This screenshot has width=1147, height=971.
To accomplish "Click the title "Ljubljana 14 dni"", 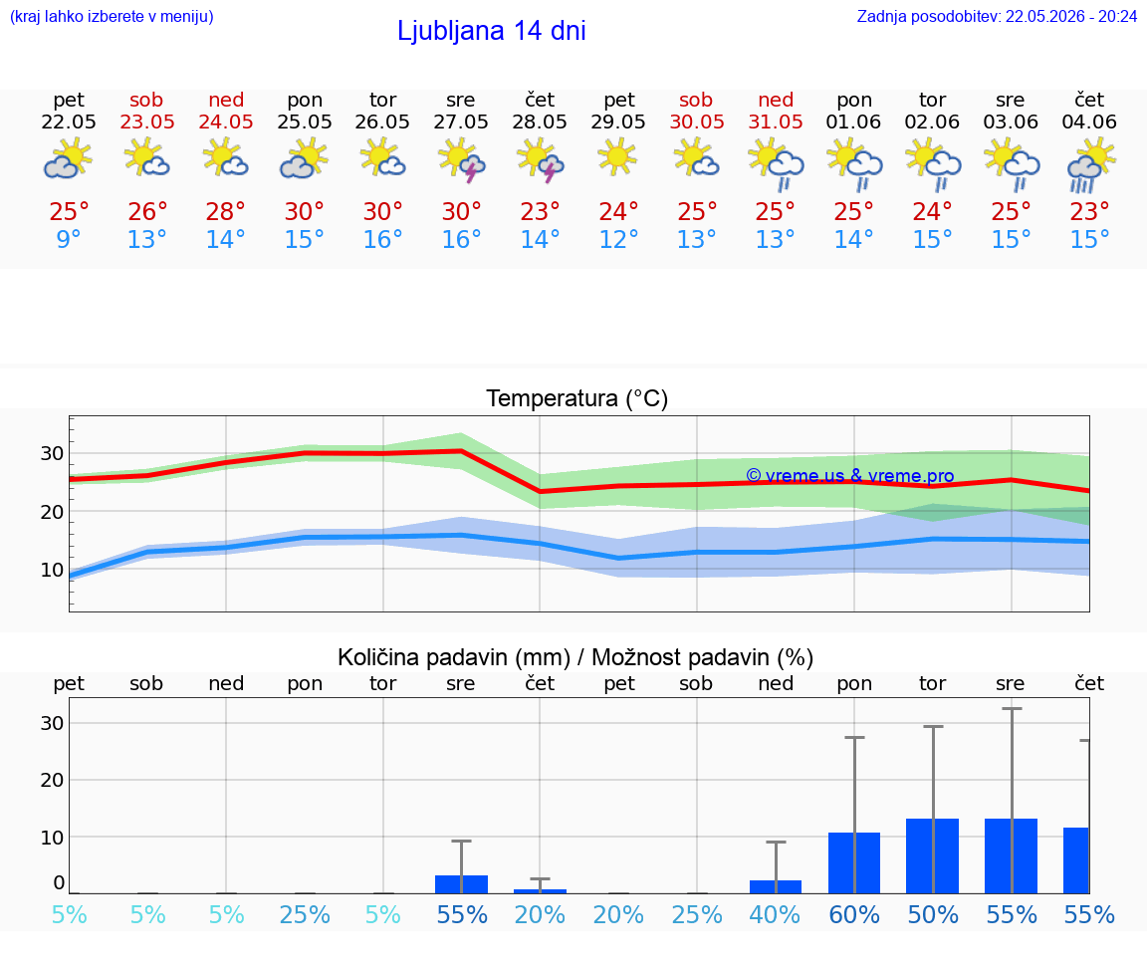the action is click(492, 31).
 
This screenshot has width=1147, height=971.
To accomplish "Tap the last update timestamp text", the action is click(997, 16).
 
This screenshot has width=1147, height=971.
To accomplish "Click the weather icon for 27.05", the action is click(462, 161).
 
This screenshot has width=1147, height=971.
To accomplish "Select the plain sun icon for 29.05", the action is click(618, 158).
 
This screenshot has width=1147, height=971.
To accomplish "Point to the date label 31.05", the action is click(776, 122).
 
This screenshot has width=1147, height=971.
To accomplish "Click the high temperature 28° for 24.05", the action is click(225, 212).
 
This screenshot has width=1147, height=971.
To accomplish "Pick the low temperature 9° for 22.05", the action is click(69, 239).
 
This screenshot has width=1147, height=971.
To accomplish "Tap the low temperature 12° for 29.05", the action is click(618, 239).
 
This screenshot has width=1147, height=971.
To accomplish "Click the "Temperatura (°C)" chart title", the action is click(577, 398).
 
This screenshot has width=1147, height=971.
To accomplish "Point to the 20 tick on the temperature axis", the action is click(52, 512).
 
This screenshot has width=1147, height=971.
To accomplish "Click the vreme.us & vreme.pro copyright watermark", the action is click(850, 476).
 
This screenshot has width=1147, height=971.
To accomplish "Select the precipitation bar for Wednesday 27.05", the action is click(462, 884).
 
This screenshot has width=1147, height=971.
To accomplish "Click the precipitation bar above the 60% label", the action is click(854, 862).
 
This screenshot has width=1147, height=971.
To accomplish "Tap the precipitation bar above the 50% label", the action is click(933, 856).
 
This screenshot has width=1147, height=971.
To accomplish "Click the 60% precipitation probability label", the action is click(854, 915).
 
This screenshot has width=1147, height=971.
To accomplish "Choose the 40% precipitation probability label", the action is click(776, 915).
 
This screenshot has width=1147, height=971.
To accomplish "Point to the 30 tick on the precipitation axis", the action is click(52, 723).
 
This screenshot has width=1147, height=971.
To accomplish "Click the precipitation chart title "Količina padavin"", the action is click(454, 657).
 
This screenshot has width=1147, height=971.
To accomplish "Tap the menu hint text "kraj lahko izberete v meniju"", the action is click(112, 16).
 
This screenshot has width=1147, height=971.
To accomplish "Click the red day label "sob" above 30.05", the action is click(696, 101).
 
